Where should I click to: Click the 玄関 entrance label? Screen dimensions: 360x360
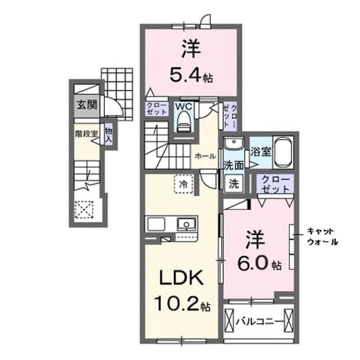click(87, 105)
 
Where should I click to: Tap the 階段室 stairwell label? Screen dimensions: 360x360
click(87, 134)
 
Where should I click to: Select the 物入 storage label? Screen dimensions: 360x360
click(109, 135)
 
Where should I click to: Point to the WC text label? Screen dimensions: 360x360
click(184, 106)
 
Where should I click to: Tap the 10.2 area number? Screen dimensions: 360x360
click(177, 303)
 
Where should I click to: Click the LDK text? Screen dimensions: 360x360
click(181, 277)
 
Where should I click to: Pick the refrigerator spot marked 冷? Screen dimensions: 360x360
click(183, 184)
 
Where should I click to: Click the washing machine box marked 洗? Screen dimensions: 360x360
click(234, 183)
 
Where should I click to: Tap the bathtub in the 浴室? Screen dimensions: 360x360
click(283, 152)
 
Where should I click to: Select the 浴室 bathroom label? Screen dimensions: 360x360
click(260, 151)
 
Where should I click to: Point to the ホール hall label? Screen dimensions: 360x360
click(205, 156)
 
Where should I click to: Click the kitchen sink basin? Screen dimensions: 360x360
click(186, 224)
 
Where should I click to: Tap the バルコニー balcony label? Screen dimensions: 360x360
click(259, 322)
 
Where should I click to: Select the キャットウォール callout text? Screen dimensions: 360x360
click(322, 236)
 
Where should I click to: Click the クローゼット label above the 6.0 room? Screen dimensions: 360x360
click(275, 184)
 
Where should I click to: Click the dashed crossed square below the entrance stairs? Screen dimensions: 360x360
click(84, 210)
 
